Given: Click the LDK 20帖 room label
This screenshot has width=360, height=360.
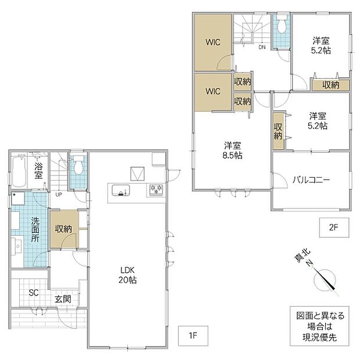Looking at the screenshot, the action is click(x=128, y=275).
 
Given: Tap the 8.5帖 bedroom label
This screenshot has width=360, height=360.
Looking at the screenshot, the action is click(x=232, y=150).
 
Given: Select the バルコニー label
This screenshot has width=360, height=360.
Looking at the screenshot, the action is click(x=311, y=179).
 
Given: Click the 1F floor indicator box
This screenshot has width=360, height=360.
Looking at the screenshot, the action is click(x=193, y=336).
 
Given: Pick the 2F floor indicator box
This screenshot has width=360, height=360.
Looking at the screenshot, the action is click(x=334, y=227).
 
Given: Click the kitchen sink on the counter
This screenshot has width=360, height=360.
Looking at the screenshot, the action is click(x=121, y=190).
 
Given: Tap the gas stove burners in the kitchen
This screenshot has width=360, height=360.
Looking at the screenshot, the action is click(x=156, y=190).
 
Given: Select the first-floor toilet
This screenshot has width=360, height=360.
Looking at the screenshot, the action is click(x=78, y=165).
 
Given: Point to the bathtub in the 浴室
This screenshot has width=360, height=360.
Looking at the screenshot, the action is click(x=19, y=172).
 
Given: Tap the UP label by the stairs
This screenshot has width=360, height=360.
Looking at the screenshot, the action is click(x=59, y=195).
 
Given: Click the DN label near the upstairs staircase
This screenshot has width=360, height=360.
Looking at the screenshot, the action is click(x=262, y=47).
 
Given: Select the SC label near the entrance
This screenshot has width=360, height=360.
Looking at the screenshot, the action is click(x=34, y=293).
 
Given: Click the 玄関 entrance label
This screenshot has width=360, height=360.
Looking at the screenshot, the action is click(x=63, y=298).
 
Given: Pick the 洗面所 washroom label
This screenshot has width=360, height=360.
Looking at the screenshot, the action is click(x=35, y=229).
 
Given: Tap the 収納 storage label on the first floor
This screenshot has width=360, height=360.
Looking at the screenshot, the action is click(x=63, y=229).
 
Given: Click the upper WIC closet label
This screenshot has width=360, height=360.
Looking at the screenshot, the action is click(x=213, y=42).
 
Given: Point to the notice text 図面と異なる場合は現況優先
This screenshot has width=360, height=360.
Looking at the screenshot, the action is click(x=320, y=326).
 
